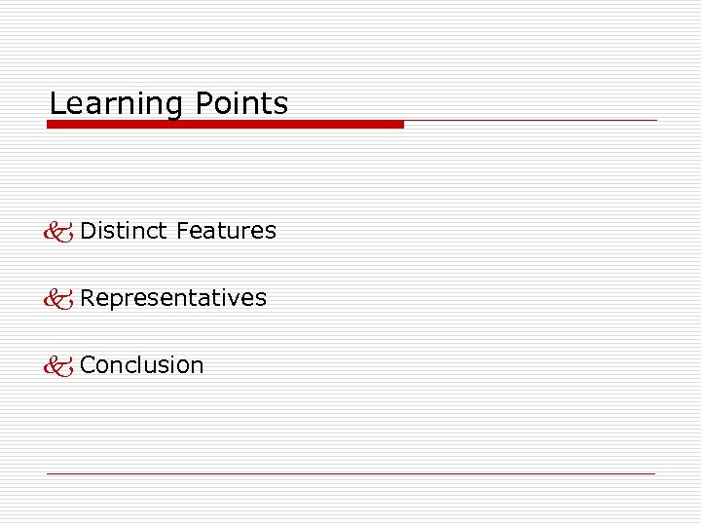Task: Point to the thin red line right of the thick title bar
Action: point(531,121)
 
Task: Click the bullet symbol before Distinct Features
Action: point(59,232)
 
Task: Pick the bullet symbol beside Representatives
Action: point(59,299)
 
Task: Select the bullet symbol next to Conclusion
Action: point(59,366)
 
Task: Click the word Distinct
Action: point(125,231)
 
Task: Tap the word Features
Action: point(227,231)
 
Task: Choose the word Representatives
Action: point(173,298)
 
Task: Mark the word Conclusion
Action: point(142,365)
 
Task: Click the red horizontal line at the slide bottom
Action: point(350,473)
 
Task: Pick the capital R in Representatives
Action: point(88,298)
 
